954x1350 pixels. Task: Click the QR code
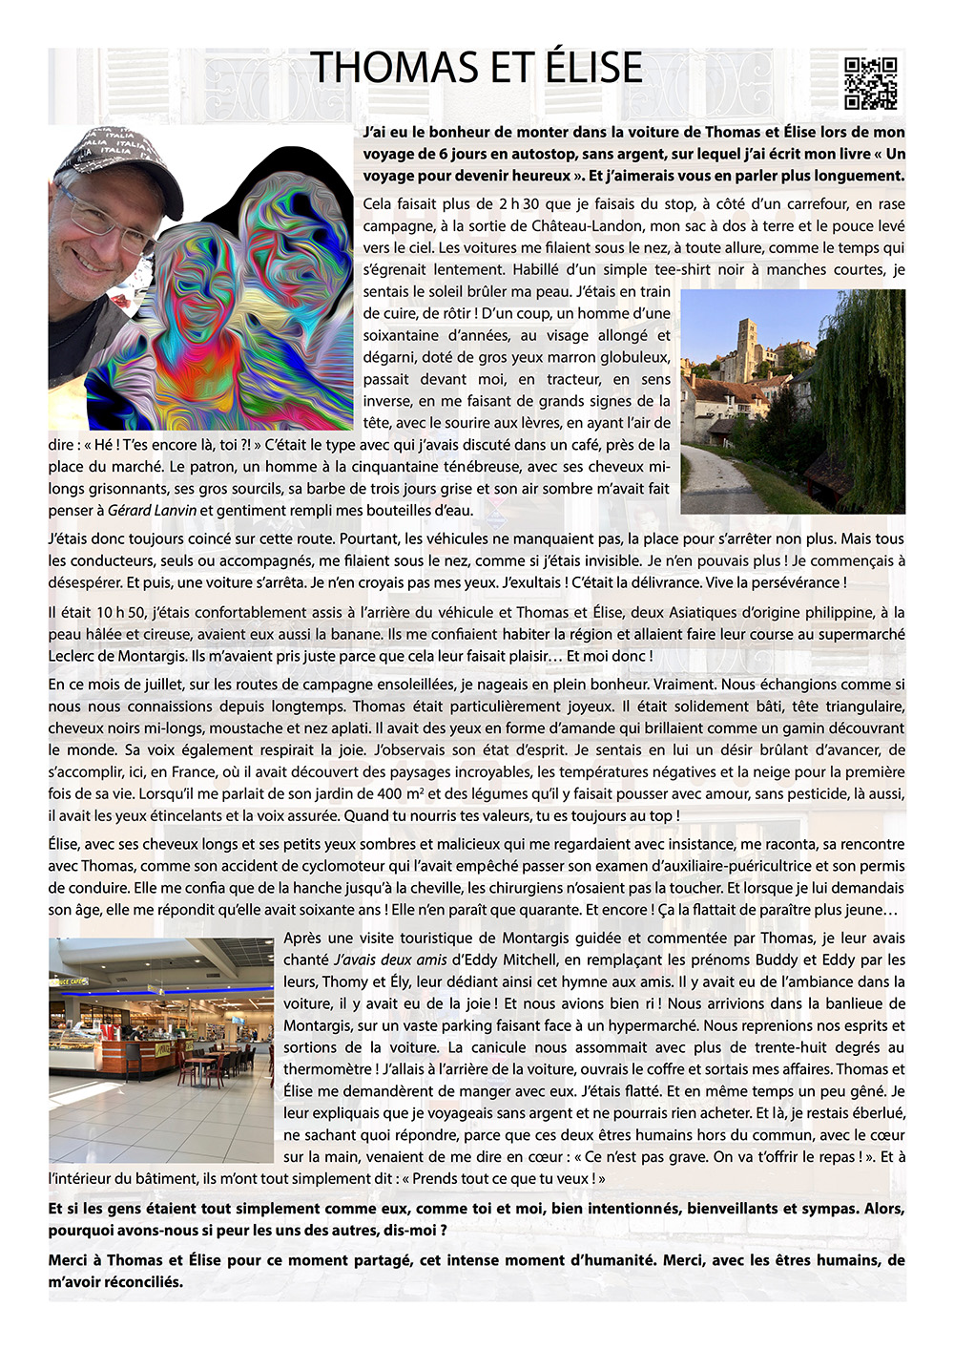tap(870, 83)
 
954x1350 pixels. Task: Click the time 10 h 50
tap(116, 613)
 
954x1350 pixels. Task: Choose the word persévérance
tap(795, 583)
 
